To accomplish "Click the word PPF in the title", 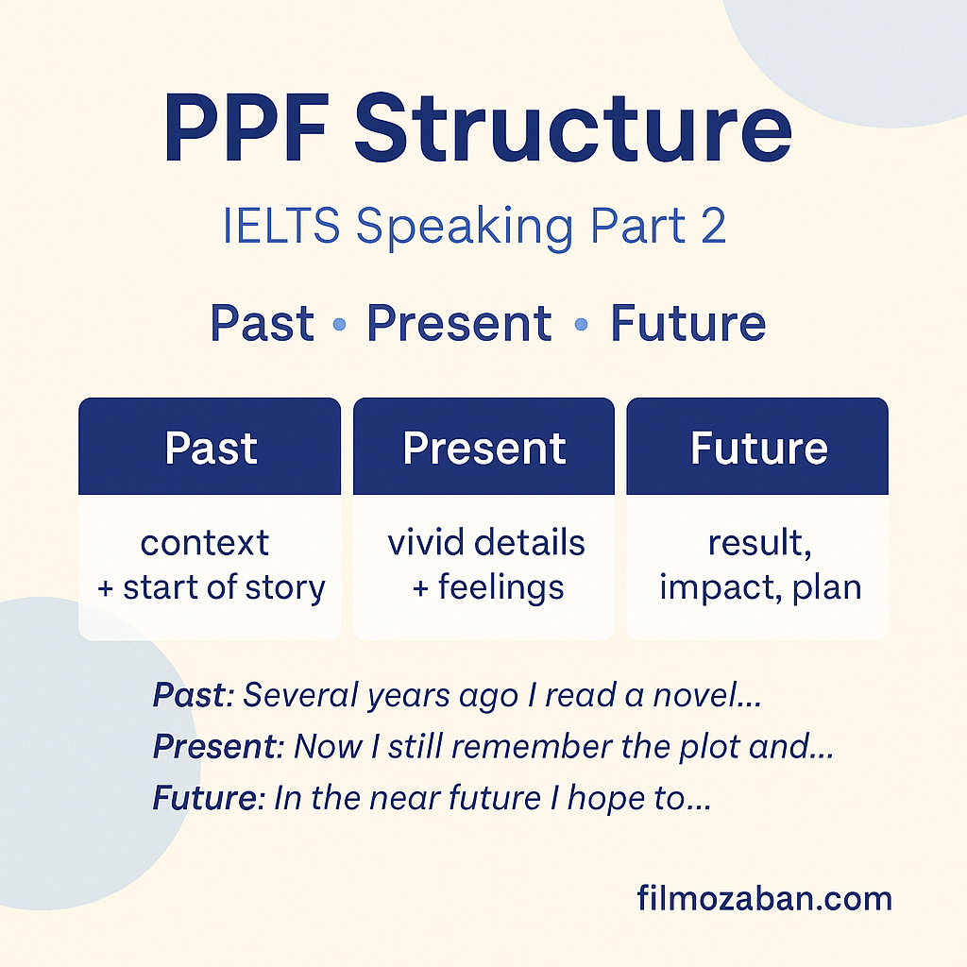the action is pos(245,127).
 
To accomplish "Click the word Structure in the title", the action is pos(573,127).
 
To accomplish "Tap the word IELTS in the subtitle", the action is pos(281,225).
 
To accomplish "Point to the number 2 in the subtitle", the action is pos(713,225).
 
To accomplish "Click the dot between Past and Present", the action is pos(339,324).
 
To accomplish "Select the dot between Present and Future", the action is pos(581,324).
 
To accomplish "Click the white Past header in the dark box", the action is pos(211,448).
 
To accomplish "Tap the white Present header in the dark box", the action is pos(484,448).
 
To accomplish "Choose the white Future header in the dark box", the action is pos(758,448).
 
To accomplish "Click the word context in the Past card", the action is pos(205,543).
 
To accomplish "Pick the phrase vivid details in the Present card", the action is pos(486,543).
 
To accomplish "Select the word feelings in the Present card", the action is pos(500,587).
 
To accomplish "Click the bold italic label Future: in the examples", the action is pos(209,797).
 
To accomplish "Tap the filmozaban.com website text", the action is pos(765,898).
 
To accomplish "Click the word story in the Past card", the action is pos(285,587).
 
